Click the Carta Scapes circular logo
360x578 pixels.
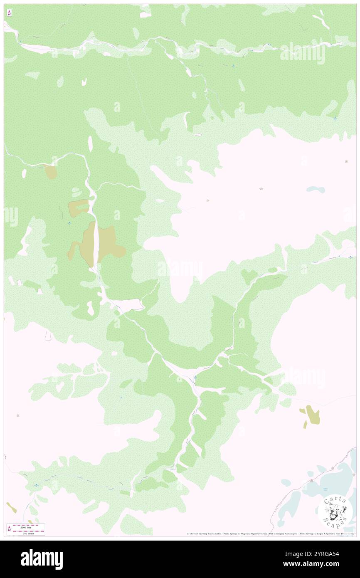[335, 512]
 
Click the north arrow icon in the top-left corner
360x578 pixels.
[9, 13]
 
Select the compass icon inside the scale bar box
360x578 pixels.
[9, 529]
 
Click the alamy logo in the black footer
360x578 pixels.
[42, 559]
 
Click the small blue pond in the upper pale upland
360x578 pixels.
[316, 190]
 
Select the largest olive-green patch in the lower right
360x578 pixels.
[312, 415]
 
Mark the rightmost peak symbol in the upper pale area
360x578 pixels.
[346, 161]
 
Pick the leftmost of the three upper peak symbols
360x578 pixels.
[207, 201]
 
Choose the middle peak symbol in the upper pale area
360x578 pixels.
[261, 189]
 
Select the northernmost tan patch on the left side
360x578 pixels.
[50, 172]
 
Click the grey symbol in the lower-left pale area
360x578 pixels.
[17, 415]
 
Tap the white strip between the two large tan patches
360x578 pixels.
[96, 244]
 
